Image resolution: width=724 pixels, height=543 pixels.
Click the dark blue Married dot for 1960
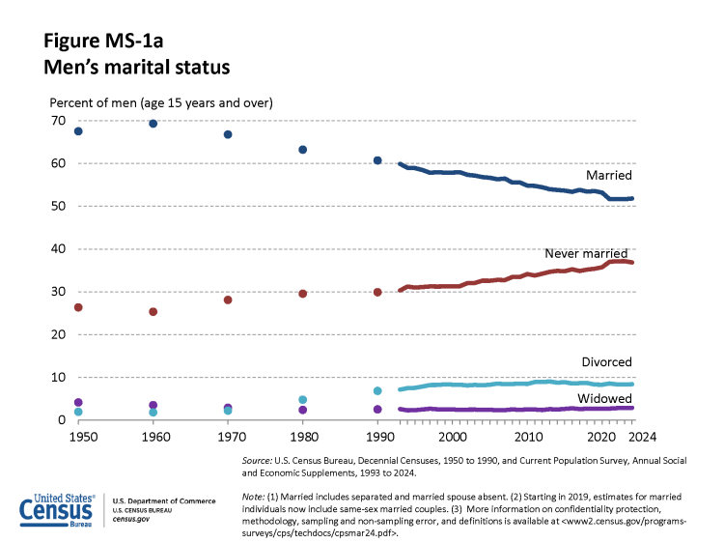(153, 124)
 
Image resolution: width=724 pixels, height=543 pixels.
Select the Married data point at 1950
(78, 131)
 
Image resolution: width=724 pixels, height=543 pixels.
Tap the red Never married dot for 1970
(228, 300)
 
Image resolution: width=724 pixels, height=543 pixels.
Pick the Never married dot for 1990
(377, 293)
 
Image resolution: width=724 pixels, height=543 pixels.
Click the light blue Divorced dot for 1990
(377, 391)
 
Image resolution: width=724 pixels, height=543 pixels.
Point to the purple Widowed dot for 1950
(78, 403)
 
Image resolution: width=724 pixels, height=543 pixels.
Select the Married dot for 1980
(303, 150)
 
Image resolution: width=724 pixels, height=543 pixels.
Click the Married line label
(608, 176)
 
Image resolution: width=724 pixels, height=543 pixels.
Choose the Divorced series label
(606, 362)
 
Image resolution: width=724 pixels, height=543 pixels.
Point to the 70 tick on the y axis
(59, 121)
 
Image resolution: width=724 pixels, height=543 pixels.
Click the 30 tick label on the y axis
(59, 292)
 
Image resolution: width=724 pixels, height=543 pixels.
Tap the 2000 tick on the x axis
(453, 438)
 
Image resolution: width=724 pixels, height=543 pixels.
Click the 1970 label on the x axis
(228, 438)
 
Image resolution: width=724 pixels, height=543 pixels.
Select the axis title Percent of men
(161, 102)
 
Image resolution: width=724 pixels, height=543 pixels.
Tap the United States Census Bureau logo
(57, 509)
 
